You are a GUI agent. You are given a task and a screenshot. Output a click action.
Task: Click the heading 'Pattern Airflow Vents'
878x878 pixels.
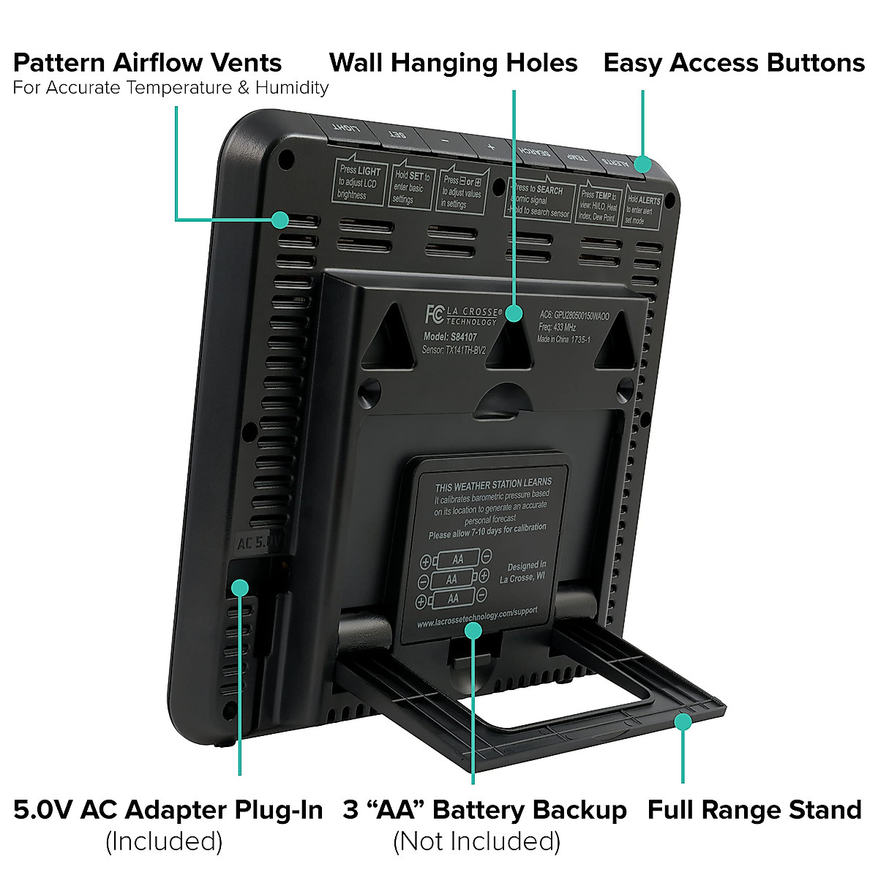click(x=147, y=63)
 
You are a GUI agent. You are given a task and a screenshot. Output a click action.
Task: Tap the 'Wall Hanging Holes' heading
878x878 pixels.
click(x=453, y=63)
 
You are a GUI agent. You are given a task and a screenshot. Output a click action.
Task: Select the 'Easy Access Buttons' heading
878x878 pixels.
click(x=734, y=63)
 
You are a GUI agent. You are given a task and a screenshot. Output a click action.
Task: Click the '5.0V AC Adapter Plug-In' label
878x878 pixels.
click(x=168, y=810)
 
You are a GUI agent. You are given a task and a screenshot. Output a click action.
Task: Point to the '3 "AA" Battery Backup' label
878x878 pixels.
click(x=484, y=810)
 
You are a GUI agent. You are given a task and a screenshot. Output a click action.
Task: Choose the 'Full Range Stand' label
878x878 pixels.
click(x=754, y=810)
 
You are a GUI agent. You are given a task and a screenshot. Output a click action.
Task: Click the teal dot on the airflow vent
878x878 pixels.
click(x=280, y=219)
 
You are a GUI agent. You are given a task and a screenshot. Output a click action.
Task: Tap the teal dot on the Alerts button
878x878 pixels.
click(x=642, y=164)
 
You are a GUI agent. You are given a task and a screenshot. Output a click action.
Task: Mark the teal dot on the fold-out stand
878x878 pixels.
click(x=683, y=722)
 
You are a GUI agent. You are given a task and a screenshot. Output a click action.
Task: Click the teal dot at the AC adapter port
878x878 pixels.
click(x=239, y=587)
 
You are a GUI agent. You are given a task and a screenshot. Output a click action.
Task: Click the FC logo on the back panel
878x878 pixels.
click(x=434, y=314)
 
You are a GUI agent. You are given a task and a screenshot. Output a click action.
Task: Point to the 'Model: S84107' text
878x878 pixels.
click(x=450, y=337)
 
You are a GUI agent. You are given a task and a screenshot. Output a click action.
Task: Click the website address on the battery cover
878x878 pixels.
click(x=477, y=618)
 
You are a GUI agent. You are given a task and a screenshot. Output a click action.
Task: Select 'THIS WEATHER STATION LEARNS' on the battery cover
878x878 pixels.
click(x=493, y=485)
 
